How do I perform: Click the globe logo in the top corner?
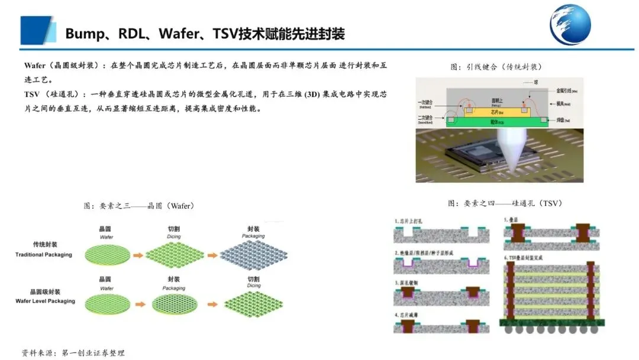tap(570, 25)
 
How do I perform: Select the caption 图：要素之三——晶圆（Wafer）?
tap(139, 206)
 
